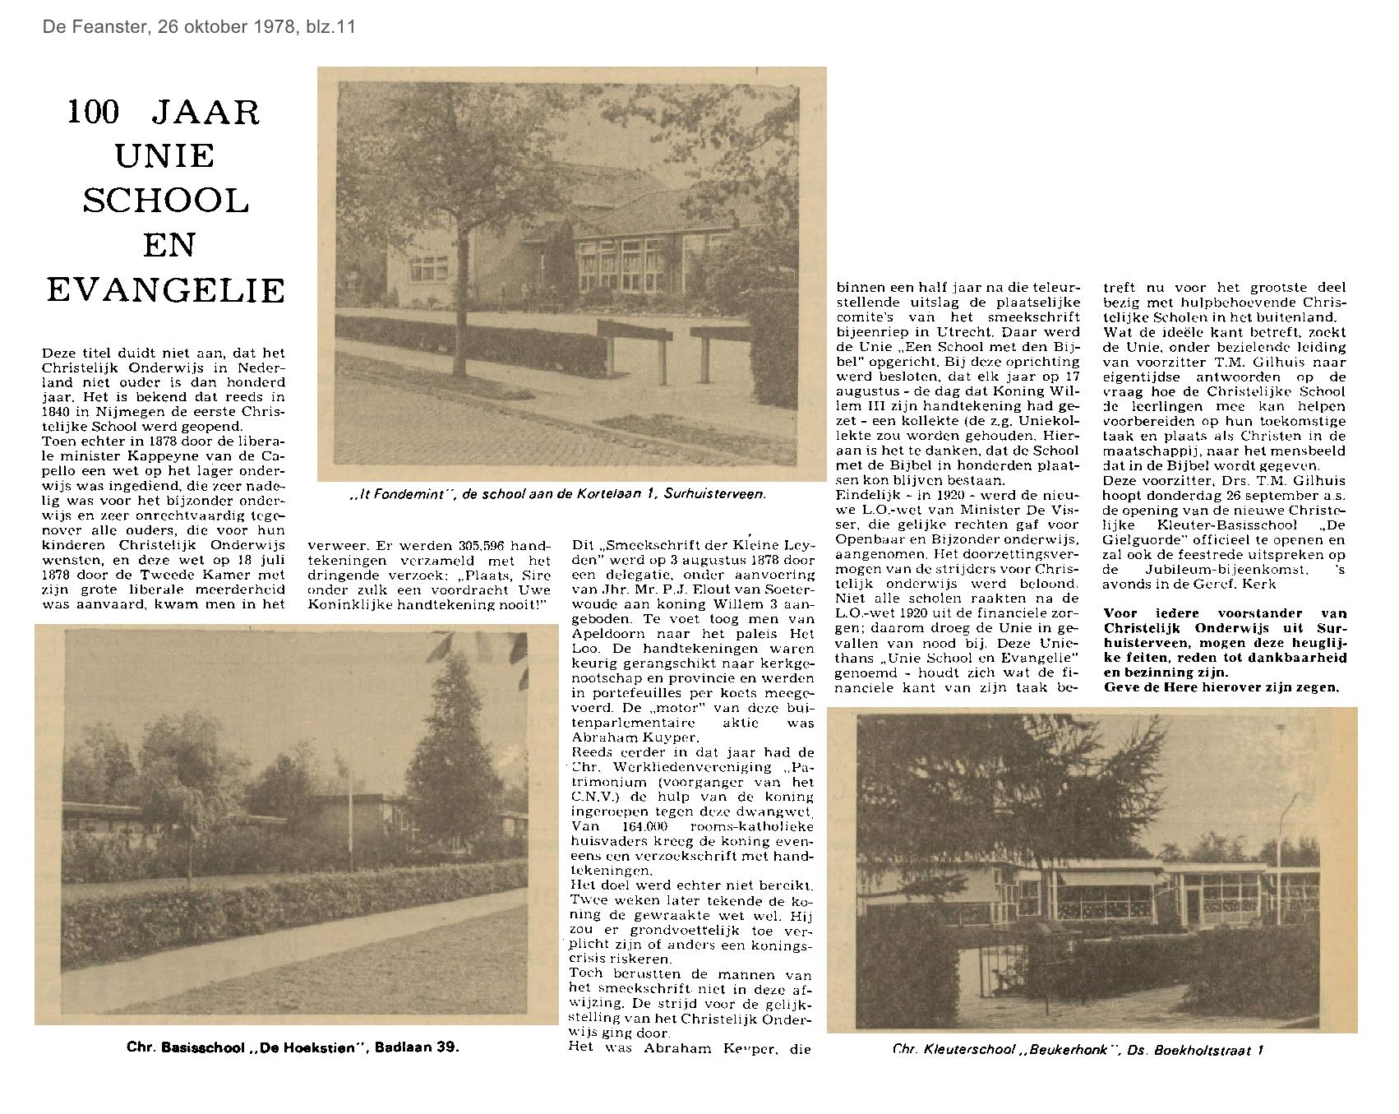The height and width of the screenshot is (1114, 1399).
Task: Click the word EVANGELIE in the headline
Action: [x=166, y=289]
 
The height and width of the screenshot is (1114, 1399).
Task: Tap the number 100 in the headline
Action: [x=94, y=112]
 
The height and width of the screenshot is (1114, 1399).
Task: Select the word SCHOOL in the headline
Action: [x=166, y=201]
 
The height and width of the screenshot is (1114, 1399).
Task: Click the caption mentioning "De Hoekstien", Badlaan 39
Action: [x=293, y=1047]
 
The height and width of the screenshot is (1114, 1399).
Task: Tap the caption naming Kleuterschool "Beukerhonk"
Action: [x=1078, y=1049]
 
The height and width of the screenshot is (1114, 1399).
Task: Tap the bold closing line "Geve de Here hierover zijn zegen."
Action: [x=1221, y=687]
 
